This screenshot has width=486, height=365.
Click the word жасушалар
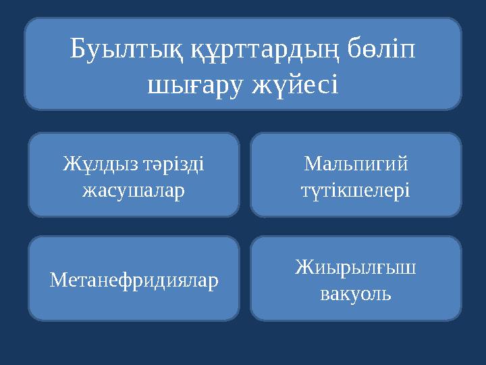pos(134,190)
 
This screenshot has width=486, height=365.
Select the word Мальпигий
pos(356,164)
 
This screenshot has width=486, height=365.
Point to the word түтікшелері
pos(356,190)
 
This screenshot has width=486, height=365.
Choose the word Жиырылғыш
pos(356,267)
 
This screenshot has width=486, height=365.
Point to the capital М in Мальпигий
pos(312,164)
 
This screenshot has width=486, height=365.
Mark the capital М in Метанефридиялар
pos(57,278)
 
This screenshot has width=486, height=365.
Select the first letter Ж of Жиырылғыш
pos(303,267)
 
